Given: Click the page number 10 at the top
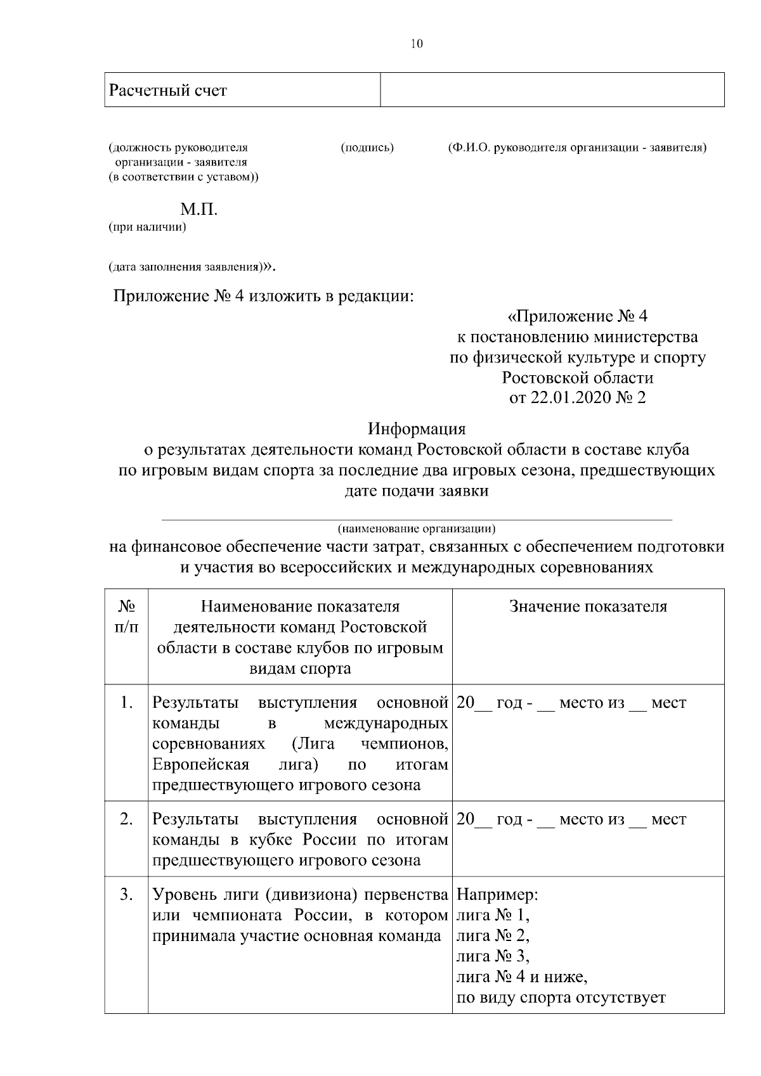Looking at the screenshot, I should pyautogui.click(x=417, y=44).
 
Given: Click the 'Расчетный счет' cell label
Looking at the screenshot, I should pyautogui.click(x=167, y=91).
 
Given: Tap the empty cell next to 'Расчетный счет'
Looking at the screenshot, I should pyautogui.click(x=552, y=89).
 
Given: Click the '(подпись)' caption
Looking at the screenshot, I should pyautogui.click(x=367, y=148).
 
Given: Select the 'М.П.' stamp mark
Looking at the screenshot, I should pyautogui.click(x=198, y=210).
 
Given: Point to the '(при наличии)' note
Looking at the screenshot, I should pyautogui.click(x=147, y=227).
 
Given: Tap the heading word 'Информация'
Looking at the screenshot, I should pyautogui.click(x=417, y=429).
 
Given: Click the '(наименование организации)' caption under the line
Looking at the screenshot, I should pyautogui.click(x=417, y=528).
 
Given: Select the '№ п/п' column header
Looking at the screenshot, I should pyautogui.click(x=126, y=617).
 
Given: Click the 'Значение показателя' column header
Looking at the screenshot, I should pyautogui.click(x=588, y=606).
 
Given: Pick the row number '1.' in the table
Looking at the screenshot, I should pyautogui.click(x=126, y=703).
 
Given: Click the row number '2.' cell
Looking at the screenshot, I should pyautogui.click(x=126, y=819).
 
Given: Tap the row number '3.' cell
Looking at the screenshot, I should pyautogui.click(x=126, y=895).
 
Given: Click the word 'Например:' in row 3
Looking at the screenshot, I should pyautogui.click(x=497, y=895).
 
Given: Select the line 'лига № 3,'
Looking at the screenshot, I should pyautogui.click(x=493, y=956).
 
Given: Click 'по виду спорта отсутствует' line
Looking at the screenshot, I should pyautogui.click(x=561, y=997).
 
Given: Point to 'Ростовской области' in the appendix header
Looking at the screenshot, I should pyautogui.click(x=577, y=378).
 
